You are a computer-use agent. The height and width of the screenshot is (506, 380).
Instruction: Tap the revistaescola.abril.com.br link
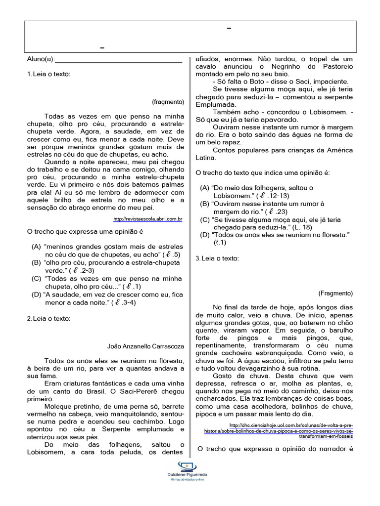point(148,218)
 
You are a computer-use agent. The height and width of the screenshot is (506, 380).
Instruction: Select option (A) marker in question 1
point(36,247)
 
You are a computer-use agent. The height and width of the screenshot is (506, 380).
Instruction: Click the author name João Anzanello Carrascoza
point(145,346)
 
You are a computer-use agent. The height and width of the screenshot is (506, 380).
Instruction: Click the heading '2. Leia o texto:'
point(48,319)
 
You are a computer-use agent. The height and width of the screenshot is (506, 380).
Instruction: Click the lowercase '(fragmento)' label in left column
point(168,102)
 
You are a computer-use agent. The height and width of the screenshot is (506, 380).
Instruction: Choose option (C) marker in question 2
point(205,219)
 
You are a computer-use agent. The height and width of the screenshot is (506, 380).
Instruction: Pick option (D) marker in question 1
point(36,295)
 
